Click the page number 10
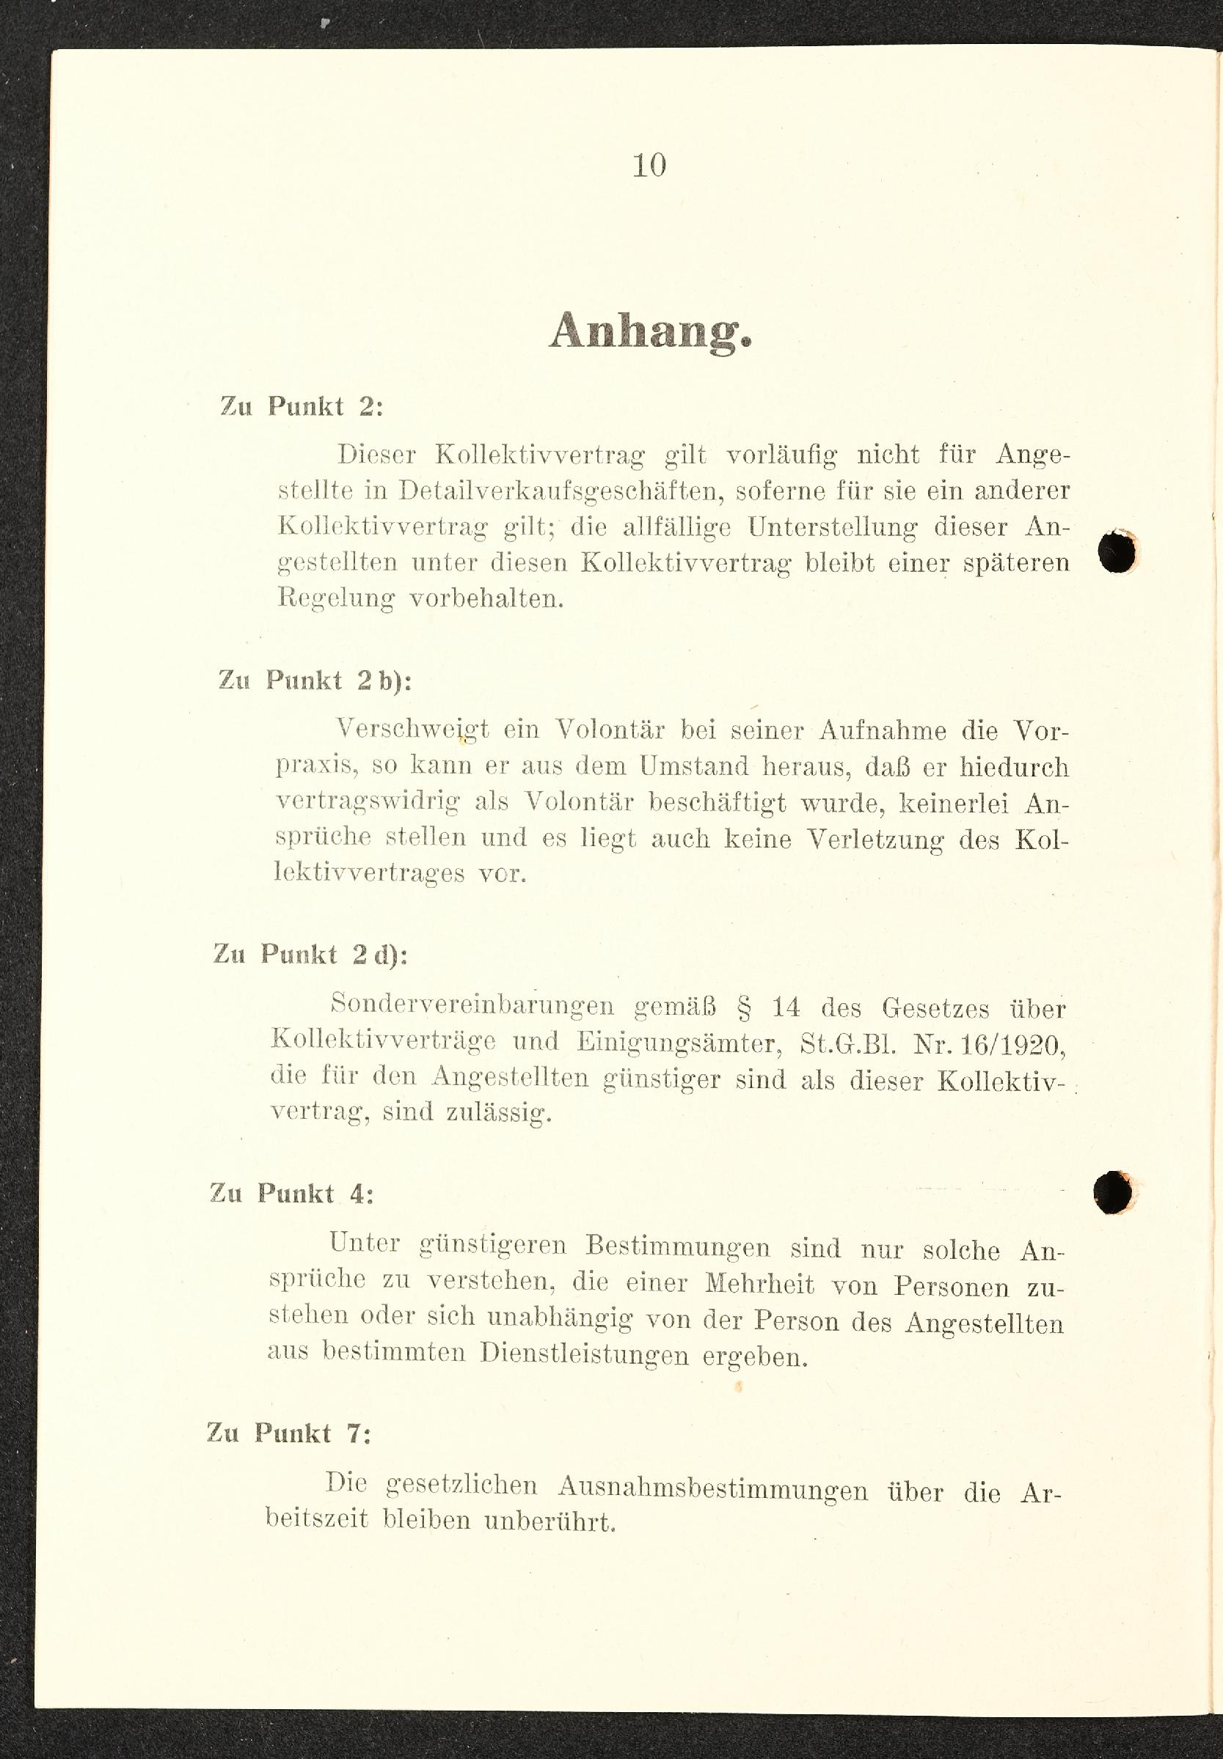click(649, 166)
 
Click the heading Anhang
click(650, 331)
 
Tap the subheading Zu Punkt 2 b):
click(315, 680)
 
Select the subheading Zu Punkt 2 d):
click(310, 954)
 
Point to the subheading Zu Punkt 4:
click(292, 1193)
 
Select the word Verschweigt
click(412, 728)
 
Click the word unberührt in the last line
click(550, 1520)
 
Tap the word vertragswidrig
click(368, 801)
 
